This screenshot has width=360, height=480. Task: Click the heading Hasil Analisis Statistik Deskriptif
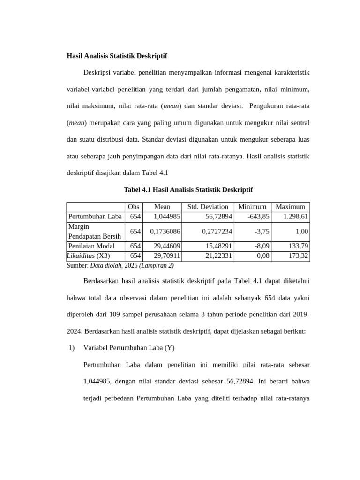pos(117,56)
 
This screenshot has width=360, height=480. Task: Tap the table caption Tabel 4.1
pos(187,189)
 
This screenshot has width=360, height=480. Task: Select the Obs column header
pos(134,207)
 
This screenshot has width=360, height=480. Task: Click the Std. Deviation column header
pos(208,207)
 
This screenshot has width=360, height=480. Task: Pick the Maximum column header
pos(290,207)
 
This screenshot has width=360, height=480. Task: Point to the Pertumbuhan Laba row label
pos(95,217)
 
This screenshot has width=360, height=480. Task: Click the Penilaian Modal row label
pos(91,246)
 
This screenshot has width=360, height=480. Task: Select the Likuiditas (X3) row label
pos(89,256)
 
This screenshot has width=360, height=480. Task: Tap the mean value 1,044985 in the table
pos(167,217)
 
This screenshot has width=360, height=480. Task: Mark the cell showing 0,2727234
pos(217,231)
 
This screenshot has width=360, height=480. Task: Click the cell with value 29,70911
pos(167,256)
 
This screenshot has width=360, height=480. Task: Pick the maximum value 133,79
pos(298,246)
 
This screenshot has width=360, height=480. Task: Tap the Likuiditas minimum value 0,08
pos(263,256)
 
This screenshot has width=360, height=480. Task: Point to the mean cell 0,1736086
pos(165,231)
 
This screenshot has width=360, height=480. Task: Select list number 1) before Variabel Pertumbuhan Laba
pos(72,348)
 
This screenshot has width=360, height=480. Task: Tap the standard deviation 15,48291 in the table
pos(218,246)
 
